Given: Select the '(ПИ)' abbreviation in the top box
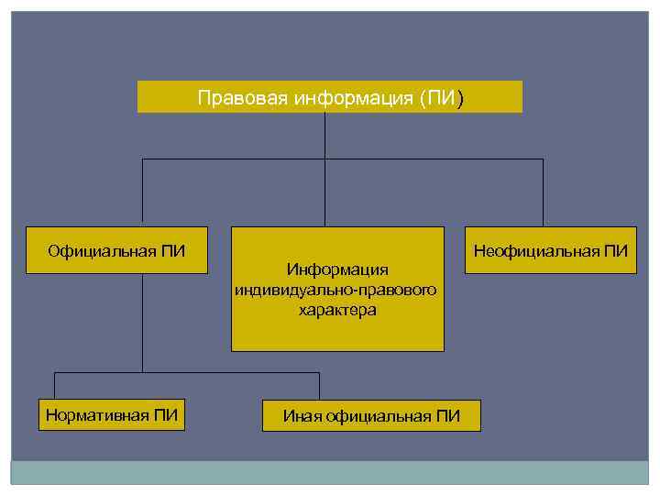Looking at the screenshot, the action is point(442,98).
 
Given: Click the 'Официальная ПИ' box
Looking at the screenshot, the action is point(116,250).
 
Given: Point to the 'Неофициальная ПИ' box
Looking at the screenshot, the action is point(550,250).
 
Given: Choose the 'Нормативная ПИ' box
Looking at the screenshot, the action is point(112,415).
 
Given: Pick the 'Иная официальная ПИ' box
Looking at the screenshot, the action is point(370,416).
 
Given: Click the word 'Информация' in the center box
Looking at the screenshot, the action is point(337,269).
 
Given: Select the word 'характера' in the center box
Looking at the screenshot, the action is point(337,310).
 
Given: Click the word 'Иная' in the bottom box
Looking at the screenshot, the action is point(302,417).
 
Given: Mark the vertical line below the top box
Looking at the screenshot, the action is point(325,136).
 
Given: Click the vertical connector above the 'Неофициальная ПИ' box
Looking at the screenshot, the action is point(543,192).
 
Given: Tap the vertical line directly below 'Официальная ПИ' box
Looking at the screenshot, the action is point(142,321).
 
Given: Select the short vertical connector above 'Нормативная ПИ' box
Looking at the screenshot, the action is point(55,386).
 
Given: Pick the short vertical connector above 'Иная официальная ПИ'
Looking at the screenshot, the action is point(319,386).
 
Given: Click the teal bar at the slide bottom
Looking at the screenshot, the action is point(330,473).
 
